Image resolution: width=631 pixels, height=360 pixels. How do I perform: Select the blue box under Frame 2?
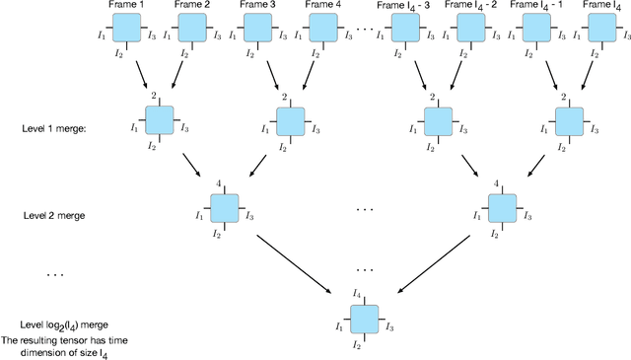pyautogui.click(x=190, y=36)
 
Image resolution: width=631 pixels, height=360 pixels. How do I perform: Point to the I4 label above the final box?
pyautogui.click(x=357, y=294)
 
